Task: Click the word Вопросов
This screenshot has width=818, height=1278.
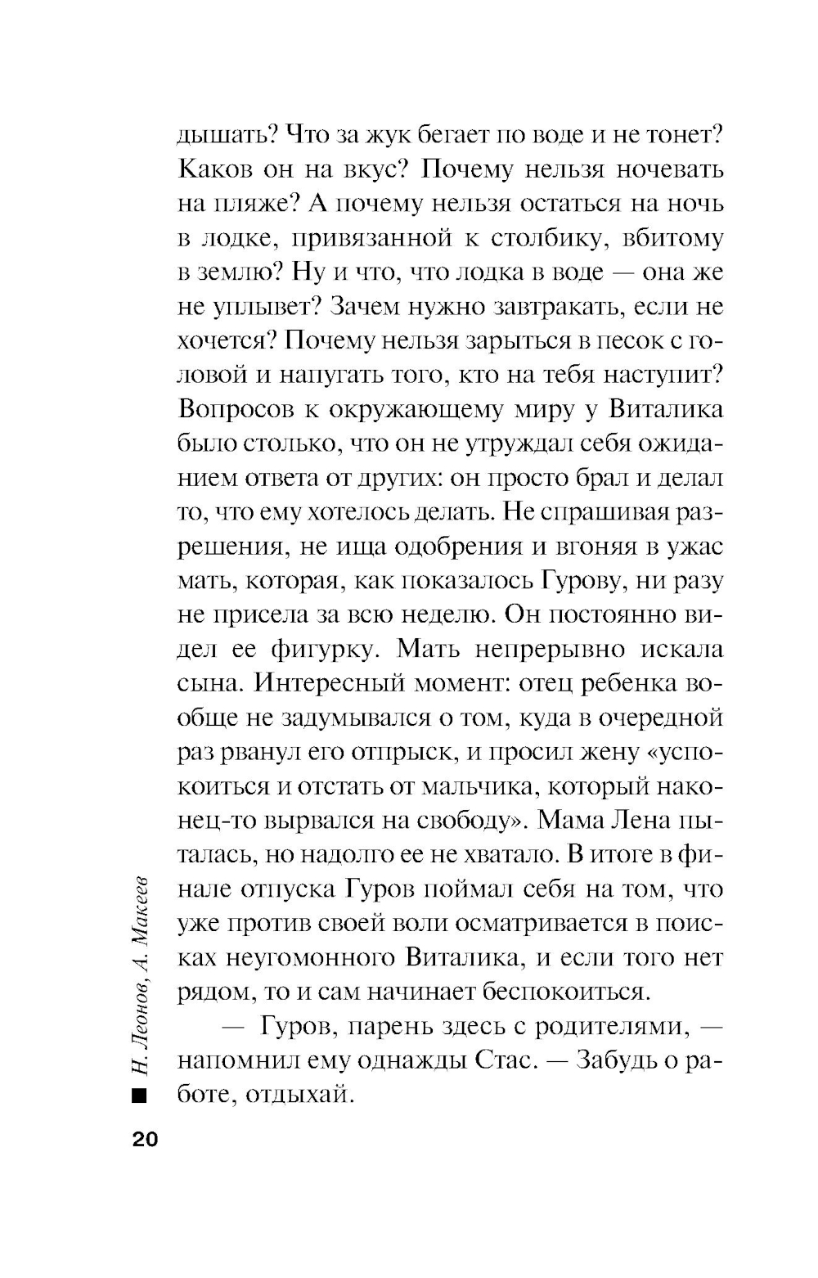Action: [x=240, y=410]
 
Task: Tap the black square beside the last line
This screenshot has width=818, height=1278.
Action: [x=137, y=1096]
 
